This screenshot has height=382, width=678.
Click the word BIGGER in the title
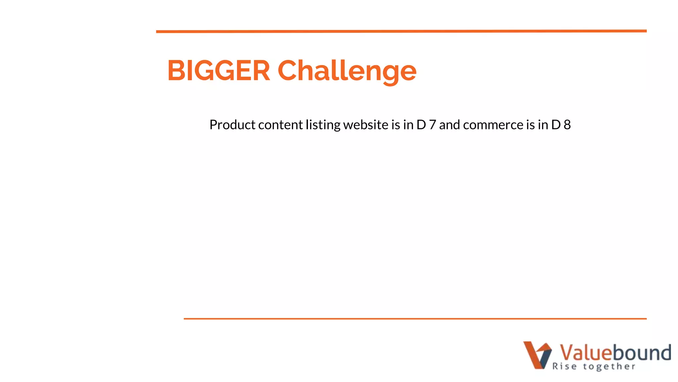[x=218, y=70]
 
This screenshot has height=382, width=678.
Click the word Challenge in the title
[x=347, y=71]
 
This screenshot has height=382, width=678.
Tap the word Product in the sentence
[x=232, y=125]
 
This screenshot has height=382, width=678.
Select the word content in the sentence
[x=280, y=125]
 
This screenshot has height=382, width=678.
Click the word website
[x=365, y=125]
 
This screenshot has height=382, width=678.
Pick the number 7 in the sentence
[x=432, y=125]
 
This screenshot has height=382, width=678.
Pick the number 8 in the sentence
[x=567, y=125]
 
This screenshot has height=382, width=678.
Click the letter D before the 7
[x=421, y=125]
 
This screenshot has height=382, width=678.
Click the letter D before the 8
[x=556, y=125]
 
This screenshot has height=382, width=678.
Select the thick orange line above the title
[x=401, y=31]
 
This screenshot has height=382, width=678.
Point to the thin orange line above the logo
[x=415, y=319]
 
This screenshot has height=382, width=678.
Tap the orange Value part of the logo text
[x=585, y=352]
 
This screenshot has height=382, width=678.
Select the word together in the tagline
[x=609, y=367]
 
